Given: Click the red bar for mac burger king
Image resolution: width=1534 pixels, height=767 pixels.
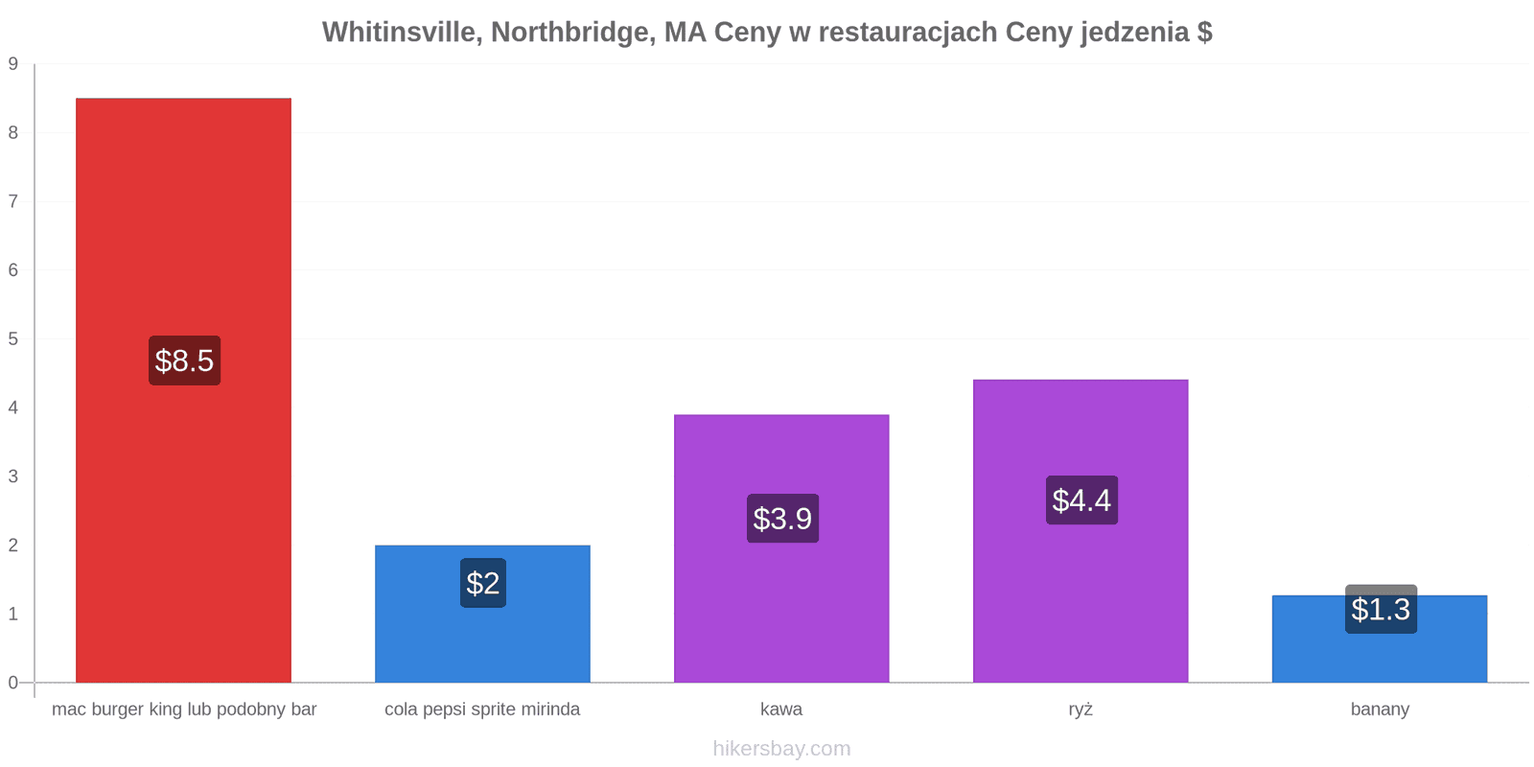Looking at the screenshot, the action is coord(183,390).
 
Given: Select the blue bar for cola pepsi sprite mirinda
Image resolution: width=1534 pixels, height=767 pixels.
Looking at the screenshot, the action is coord(483,615).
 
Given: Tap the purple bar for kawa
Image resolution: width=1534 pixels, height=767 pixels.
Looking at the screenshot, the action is coord(781,548).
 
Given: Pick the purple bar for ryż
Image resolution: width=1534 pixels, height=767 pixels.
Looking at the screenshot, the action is coord(1081,531).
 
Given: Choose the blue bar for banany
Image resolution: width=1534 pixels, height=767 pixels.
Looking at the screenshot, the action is coord(1380,639).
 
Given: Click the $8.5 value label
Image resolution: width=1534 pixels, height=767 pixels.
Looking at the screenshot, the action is coord(185,360).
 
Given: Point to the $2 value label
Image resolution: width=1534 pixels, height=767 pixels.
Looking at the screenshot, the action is coord(483,583).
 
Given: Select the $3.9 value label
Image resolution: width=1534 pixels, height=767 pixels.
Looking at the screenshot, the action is coord(782,519).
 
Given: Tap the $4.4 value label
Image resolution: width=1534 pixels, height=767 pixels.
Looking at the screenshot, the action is coord(1082,500).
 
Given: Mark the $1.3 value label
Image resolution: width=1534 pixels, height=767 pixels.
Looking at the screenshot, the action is coord(1382,609).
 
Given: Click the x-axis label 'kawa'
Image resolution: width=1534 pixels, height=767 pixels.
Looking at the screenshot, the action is coord(781,709).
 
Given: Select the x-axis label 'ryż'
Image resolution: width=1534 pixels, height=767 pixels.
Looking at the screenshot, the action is coord(1081,709).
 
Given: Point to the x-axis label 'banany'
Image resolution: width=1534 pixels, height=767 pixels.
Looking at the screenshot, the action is coord(1380,709).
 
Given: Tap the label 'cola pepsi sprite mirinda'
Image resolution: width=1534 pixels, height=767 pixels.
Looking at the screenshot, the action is coord(482,709).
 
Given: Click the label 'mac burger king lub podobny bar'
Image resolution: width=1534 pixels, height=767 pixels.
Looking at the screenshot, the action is coord(184,709).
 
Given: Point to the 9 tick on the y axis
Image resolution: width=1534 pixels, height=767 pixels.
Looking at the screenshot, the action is coord(13,63).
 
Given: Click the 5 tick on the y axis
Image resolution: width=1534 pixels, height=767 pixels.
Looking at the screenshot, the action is coord(13,339).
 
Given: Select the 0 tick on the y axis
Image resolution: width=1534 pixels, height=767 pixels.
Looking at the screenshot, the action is coord(13,683).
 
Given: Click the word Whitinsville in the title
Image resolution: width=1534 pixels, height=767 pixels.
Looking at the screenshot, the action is coord(403,32).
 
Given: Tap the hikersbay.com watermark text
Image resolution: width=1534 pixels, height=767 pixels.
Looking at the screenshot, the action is coord(781,748).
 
